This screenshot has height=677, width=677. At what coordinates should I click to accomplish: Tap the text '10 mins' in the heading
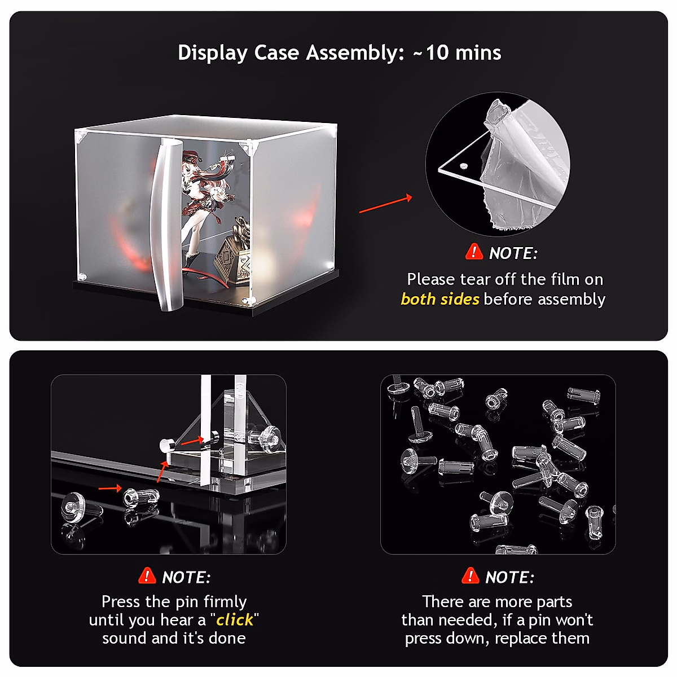pyautogui.click(x=463, y=53)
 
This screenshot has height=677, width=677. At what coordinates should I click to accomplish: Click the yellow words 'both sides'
pyautogui.click(x=439, y=299)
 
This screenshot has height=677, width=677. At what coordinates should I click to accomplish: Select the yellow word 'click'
pyautogui.click(x=235, y=620)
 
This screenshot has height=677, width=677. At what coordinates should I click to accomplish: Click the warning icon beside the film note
pyautogui.click(x=474, y=252)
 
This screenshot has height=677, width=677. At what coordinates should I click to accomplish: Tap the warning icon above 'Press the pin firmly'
pyautogui.click(x=147, y=576)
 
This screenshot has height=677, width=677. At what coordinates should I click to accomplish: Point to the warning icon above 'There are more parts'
pyautogui.click(x=470, y=576)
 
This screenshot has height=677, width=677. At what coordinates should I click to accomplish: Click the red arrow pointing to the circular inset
pyautogui.click(x=385, y=205)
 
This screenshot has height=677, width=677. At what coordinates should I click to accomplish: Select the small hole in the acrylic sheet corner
pyautogui.click(x=463, y=166)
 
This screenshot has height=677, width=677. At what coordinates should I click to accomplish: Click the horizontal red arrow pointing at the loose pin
pyautogui.click(x=109, y=487)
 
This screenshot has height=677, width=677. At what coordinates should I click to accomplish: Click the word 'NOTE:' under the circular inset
pyautogui.click(x=513, y=254)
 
